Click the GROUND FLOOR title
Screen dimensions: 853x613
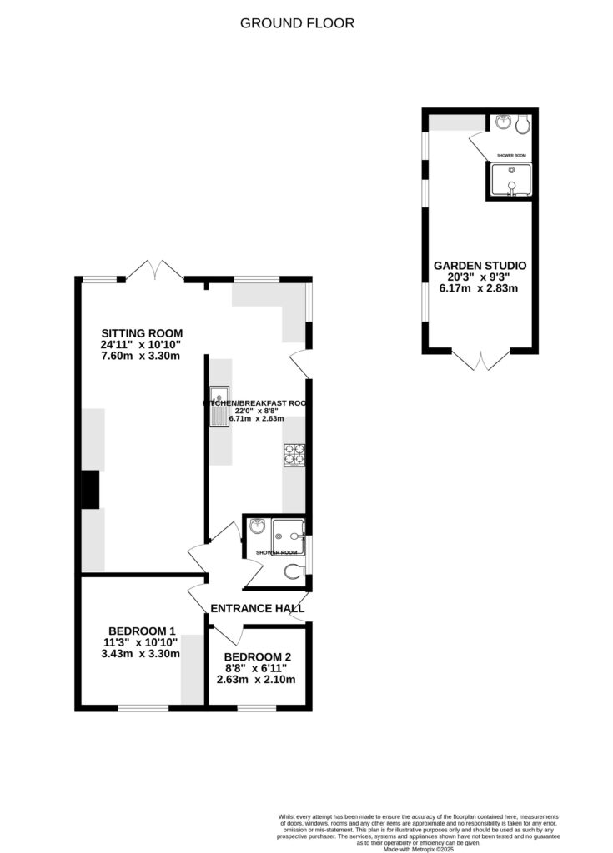pyautogui.click(x=297, y=23)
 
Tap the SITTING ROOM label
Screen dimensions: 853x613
pyautogui.click(x=141, y=334)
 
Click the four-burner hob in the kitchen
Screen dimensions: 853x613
pyautogui.click(x=294, y=455)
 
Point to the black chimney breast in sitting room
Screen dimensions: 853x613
pyautogui.click(x=88, y=489)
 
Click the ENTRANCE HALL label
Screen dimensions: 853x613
pyautogui.click(x=257, y=609)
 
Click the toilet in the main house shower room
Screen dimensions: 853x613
pyautogui.click(x=293, y=571)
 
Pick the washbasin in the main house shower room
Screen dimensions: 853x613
pyautogui.click(x=256, y=526)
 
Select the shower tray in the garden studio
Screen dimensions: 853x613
pyautogui.click(x=510, y=180)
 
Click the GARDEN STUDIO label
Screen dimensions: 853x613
pyautogui.click(x=480, y=266)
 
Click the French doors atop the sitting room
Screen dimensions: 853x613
pyautogui.click(x=155, y=271)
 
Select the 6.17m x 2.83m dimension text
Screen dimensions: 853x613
pyautogui.click(x=480, y=289)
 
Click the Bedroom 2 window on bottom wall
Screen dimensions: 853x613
pyautogui.click(x=257, y=708)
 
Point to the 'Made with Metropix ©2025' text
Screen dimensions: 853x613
pyautogui.click(x=417, y=848)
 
